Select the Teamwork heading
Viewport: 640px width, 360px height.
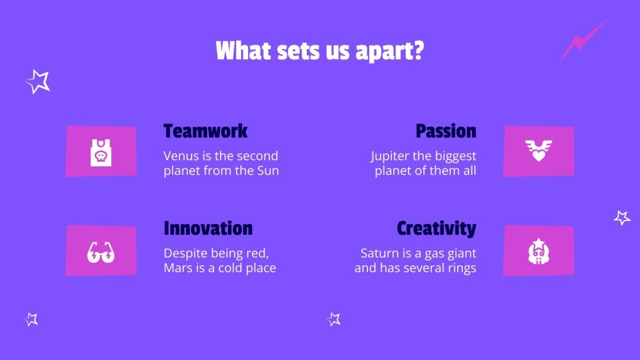pos(205,131)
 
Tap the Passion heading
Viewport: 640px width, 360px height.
pos(446,131)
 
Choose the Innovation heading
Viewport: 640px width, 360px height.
pos(208,229)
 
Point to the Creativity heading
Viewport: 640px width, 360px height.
pos(436,229)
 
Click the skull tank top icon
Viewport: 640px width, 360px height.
pos(101,152)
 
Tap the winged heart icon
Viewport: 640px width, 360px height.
pos(538,151)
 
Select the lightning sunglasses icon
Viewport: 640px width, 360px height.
pos(101,251)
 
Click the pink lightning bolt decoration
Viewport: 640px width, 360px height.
pos(582,40)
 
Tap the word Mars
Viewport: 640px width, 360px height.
pos(177,268)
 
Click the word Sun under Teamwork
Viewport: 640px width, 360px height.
pos(268,171)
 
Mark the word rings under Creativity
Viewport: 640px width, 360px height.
pos(462,268)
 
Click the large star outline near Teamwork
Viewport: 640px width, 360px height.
pos(38,82)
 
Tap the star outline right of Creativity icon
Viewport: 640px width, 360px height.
pos(622,218)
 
